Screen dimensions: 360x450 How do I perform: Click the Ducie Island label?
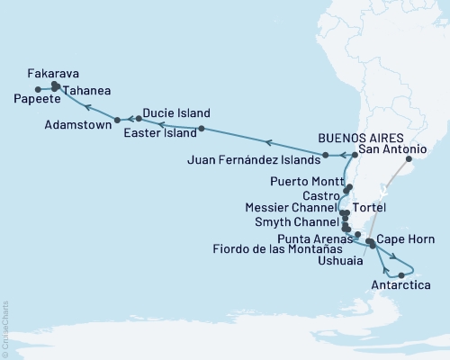point(177,113)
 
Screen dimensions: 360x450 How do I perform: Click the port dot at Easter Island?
point(202,130)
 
